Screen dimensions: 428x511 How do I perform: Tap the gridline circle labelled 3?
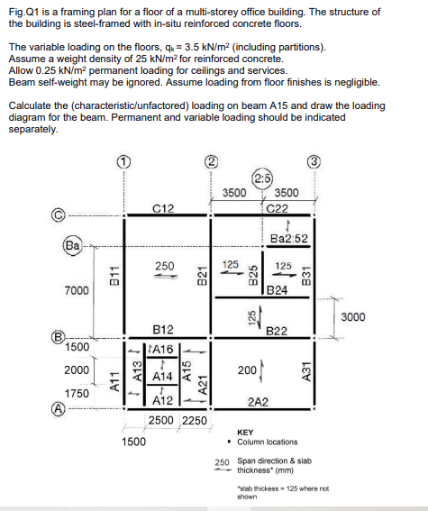click(x=314, y=161)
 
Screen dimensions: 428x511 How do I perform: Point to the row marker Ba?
click(x=71, y=243)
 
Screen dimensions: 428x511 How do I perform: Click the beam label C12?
click(x=163, y=209)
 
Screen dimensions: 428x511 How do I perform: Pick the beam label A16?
click(x=163, y=348)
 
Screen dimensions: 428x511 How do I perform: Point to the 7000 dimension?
click(x=77, y=290)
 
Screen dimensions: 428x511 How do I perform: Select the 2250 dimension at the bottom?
click(x=196, y=420)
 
